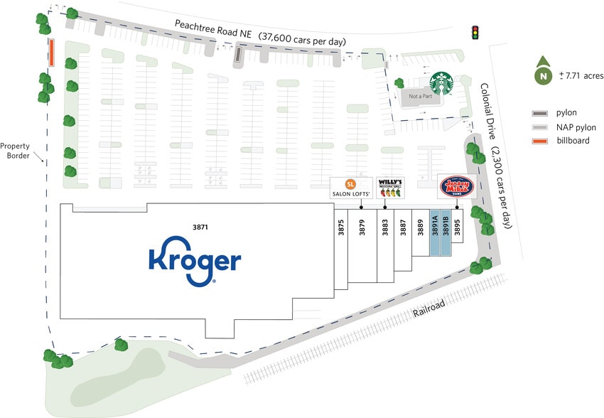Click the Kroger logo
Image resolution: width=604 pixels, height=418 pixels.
[194, 263]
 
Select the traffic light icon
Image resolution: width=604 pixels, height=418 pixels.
[475, 32]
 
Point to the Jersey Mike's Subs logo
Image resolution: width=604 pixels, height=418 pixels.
[456, 188]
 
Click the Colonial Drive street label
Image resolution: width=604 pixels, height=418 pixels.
[488, 107]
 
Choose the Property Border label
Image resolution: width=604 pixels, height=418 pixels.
[18, 150]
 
